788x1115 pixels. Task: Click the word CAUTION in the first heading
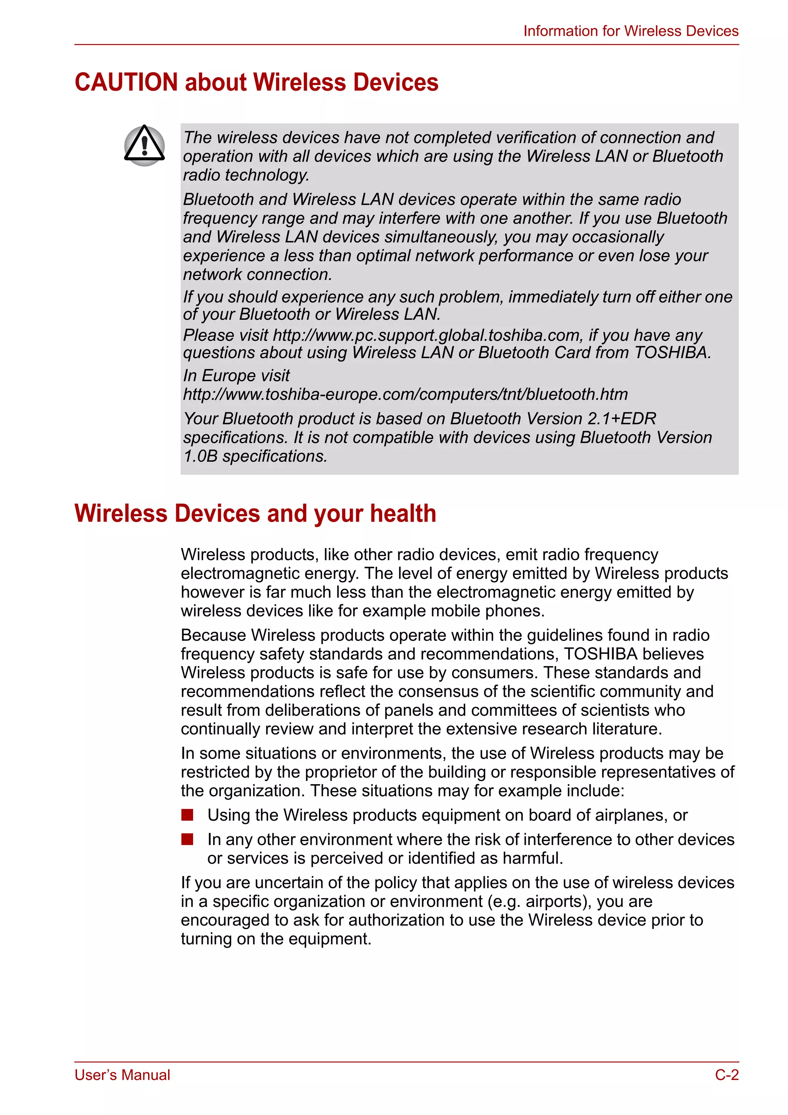point(126,82)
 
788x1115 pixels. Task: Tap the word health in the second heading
point(402,513)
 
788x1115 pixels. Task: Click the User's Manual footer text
point(122,1075)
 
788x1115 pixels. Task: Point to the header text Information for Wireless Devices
point(631,31)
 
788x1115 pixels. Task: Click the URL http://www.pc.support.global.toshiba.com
point(426,335)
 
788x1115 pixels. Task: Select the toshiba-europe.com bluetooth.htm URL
point(405,394)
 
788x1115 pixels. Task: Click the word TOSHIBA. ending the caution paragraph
point(672,352)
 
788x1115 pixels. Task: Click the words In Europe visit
point(236,376)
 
